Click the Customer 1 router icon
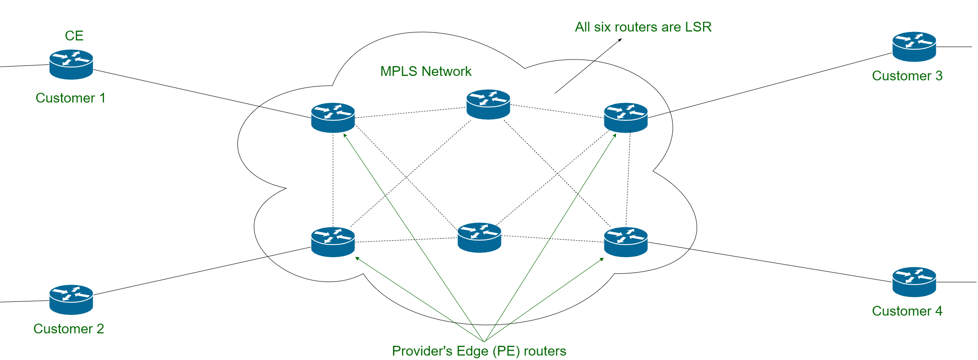(71, 65)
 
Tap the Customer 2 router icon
(71, 300)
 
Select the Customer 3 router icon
(914, 47)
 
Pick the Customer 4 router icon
(914, 282)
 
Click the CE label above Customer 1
(74, 36)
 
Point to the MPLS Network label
(426, 71)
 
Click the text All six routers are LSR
(643, 27)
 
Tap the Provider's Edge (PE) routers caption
(479, 351)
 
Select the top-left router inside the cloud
(333, 118)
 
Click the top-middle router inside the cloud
(488, 105)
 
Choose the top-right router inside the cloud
(626, 118)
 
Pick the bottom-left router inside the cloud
(333, 242)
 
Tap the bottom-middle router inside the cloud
(479, 238)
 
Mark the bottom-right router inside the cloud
(626, 242)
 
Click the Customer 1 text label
(71, 98)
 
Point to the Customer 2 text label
(69, 329)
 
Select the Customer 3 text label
(907, 76)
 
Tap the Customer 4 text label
(907, 311)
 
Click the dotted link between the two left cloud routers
(333, 180)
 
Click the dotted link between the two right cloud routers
(628, 180)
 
